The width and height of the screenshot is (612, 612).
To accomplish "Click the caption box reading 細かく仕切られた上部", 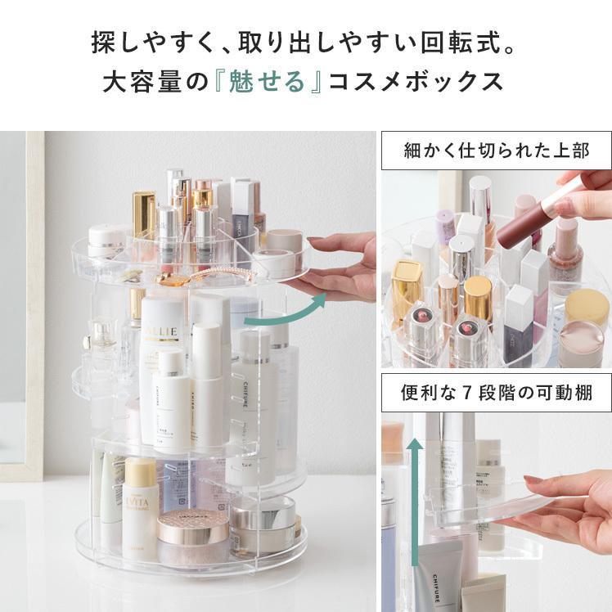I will (497, 151).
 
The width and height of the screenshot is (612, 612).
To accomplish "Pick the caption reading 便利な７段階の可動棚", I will (497, 393).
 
